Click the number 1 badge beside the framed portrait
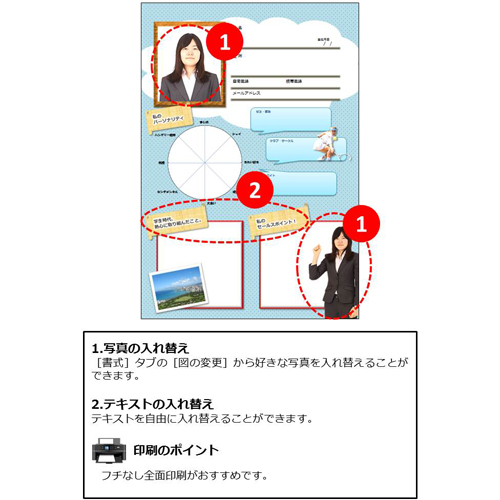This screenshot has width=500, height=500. point(224,42)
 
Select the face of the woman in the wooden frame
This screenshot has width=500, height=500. point(188,51)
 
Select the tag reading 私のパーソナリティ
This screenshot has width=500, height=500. point(166,121)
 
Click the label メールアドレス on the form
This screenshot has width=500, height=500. point(246,92)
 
